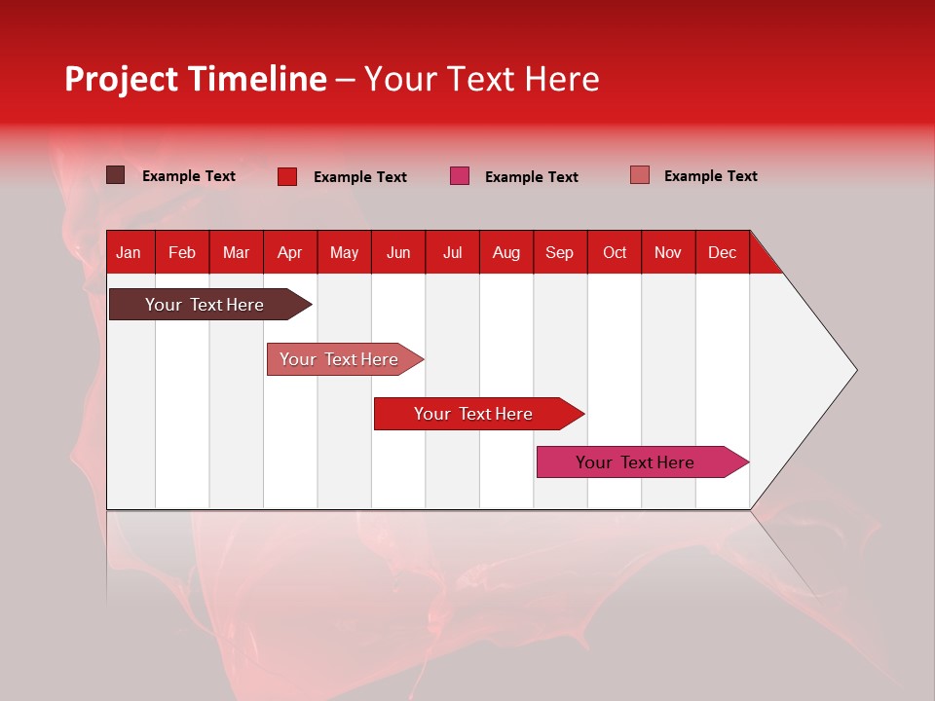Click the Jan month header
tap(129, 252)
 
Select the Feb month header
tap(182, 252)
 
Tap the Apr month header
tap(289, 252)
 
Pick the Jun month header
tap(398, 252)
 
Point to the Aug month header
tap(506, 252)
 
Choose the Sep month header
tap(559, 252)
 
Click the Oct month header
tap(615, 252)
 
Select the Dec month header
tap(722, 252)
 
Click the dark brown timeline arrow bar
tap(205, 305)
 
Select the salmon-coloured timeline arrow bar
tap(340, 359)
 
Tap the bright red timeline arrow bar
tap(473, 414)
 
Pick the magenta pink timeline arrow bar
tap(636, 462)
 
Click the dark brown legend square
tap(116, 175)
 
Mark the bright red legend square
tap(287, 176)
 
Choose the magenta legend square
tap(460, 175)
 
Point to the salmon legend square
tap(640, 175)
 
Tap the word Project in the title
tap(121, 80)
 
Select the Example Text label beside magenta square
tap(532, 177)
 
